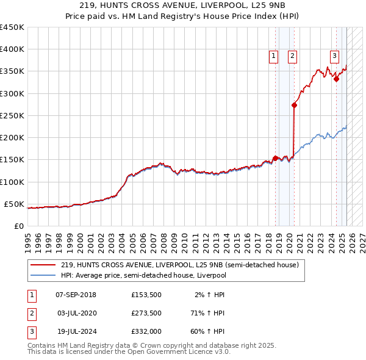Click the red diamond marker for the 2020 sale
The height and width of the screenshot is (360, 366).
tap(295, 105)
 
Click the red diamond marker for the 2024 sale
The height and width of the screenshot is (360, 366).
tap(336, 79)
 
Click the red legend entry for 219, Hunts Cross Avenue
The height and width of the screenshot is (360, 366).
tap(179, 265)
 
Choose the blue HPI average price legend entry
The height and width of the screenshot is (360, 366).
tap(161, 275)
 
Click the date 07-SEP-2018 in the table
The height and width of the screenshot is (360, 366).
tap(76, 295)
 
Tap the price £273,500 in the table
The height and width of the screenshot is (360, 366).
tap(146, 314)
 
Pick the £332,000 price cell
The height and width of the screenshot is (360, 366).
tap(146, 333)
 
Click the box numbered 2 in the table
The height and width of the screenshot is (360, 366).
tap(30, 314)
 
